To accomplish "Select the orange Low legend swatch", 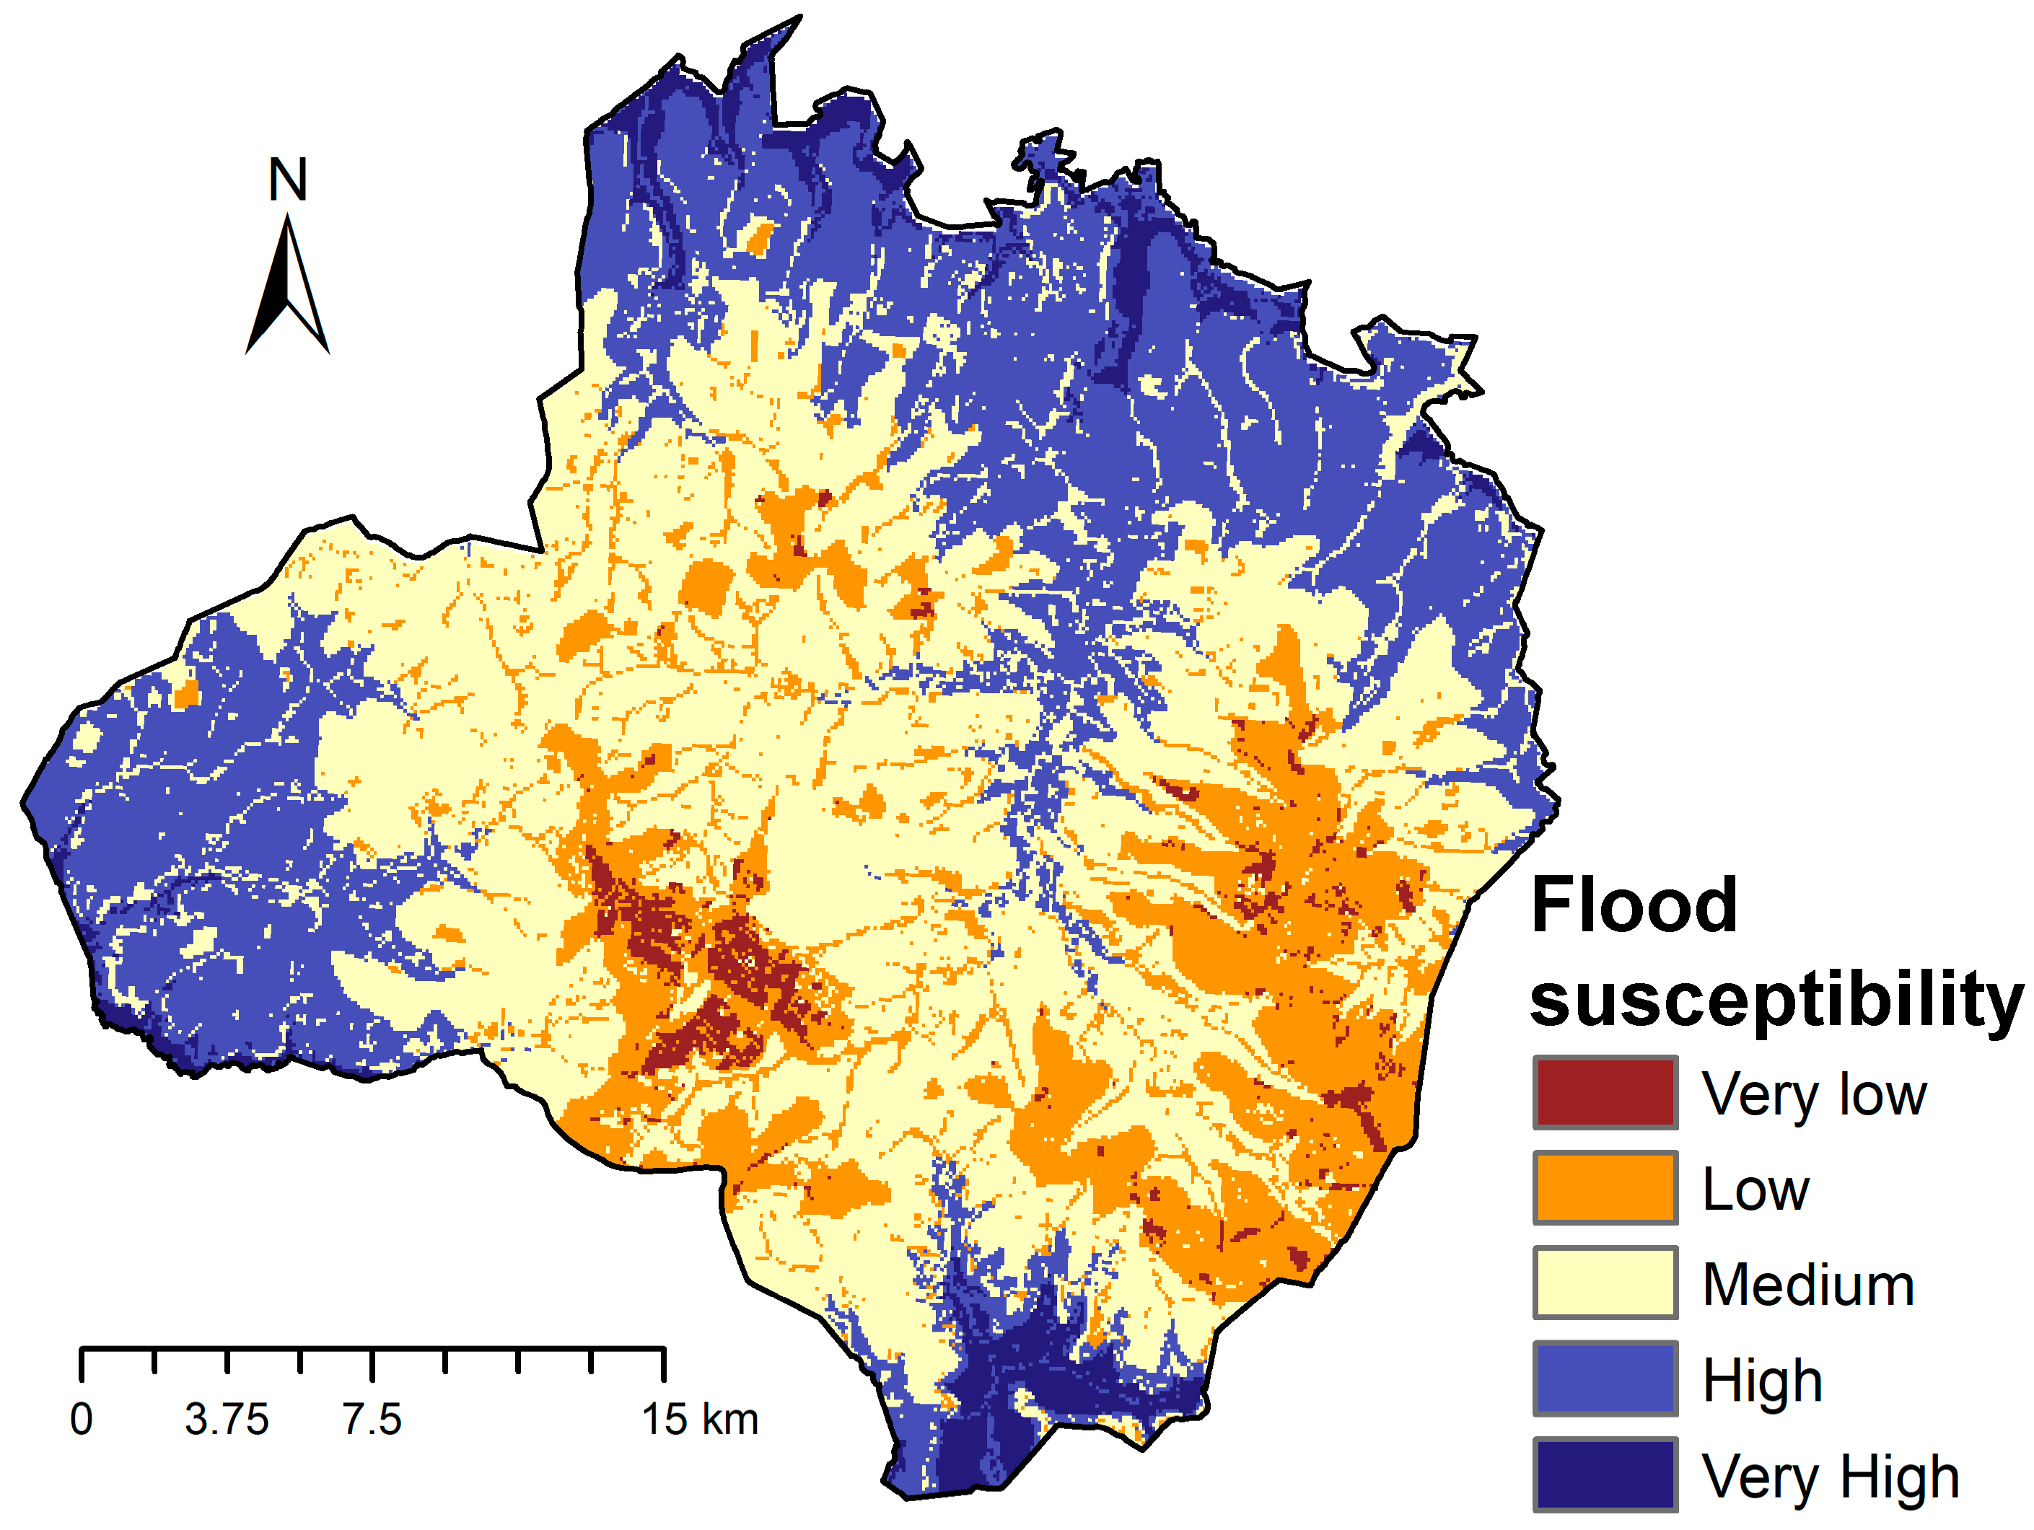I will click(1605, 1188).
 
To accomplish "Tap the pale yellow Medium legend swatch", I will click(1605, 1283).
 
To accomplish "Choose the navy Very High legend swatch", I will click(1605, 1474).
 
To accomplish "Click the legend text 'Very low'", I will click(1813, 1094).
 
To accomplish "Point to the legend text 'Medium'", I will click(1807, 1285).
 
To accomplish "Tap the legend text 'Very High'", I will click(1830, 1477).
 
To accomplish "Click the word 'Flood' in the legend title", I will click(1634, 906).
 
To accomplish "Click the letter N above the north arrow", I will click(287, 180).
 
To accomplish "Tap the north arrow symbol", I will click(287, 285).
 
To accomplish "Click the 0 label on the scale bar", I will click(81, 1419).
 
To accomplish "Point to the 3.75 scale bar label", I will click(227, 1419).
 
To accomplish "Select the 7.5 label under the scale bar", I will click(372, 1419).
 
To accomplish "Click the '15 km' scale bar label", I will click(700, 1419).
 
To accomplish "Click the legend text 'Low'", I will click(1755, 1190).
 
